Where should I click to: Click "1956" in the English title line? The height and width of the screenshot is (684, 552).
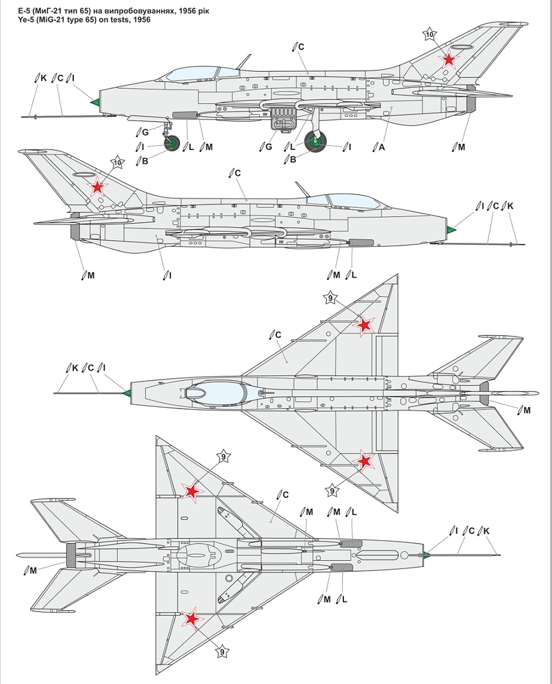[141, 20]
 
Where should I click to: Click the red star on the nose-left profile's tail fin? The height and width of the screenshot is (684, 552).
[448, 60]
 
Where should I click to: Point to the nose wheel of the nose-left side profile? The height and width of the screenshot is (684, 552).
[172, 143]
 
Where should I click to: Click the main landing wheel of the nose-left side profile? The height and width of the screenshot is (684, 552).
[315, 142]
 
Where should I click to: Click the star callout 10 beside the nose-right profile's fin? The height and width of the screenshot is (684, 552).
[118, 162]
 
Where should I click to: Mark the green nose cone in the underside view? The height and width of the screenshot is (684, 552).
[425, 554]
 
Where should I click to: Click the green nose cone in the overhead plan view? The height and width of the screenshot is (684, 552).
[125, 393]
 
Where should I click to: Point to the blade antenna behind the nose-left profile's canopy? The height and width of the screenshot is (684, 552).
[242, 61]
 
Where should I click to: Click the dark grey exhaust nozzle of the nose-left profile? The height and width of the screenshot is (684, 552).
[471, 105]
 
